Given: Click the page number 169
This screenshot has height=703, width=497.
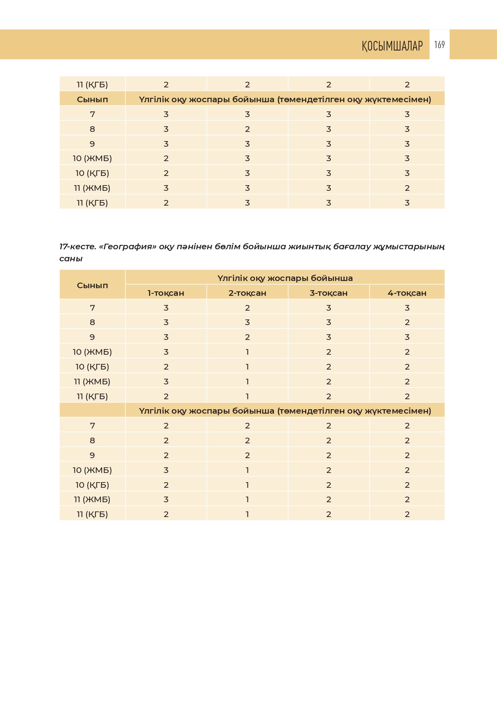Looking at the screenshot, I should coord(439,44).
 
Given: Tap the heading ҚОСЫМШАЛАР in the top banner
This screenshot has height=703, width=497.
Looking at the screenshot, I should coord(392,46).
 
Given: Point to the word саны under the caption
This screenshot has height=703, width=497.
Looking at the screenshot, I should coord(71,259).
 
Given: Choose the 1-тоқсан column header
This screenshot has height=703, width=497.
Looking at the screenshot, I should coord(166,293).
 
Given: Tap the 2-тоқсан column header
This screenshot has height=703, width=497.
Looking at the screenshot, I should coord(247,293).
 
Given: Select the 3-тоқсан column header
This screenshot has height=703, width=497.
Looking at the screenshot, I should coord(328,293).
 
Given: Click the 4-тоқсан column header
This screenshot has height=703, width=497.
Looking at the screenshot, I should coord(407,293).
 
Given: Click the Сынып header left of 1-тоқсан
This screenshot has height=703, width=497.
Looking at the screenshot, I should coord(93,285).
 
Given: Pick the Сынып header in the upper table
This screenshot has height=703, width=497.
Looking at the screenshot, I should coord(93,99).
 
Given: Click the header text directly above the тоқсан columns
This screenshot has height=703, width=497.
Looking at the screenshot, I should coord(285,278).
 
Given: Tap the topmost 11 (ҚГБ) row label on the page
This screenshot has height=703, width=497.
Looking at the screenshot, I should coord(93,85).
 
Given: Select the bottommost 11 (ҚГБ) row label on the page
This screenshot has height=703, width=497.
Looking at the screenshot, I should coord(93,514).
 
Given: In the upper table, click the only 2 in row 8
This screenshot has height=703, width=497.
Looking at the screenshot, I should coord(247,129).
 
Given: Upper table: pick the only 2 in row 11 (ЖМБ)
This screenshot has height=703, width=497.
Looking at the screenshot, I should coord(407,188).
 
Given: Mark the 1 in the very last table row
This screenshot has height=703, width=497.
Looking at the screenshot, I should coord(247,514).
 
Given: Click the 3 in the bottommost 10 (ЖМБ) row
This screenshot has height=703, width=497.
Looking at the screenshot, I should coord(166,470).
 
